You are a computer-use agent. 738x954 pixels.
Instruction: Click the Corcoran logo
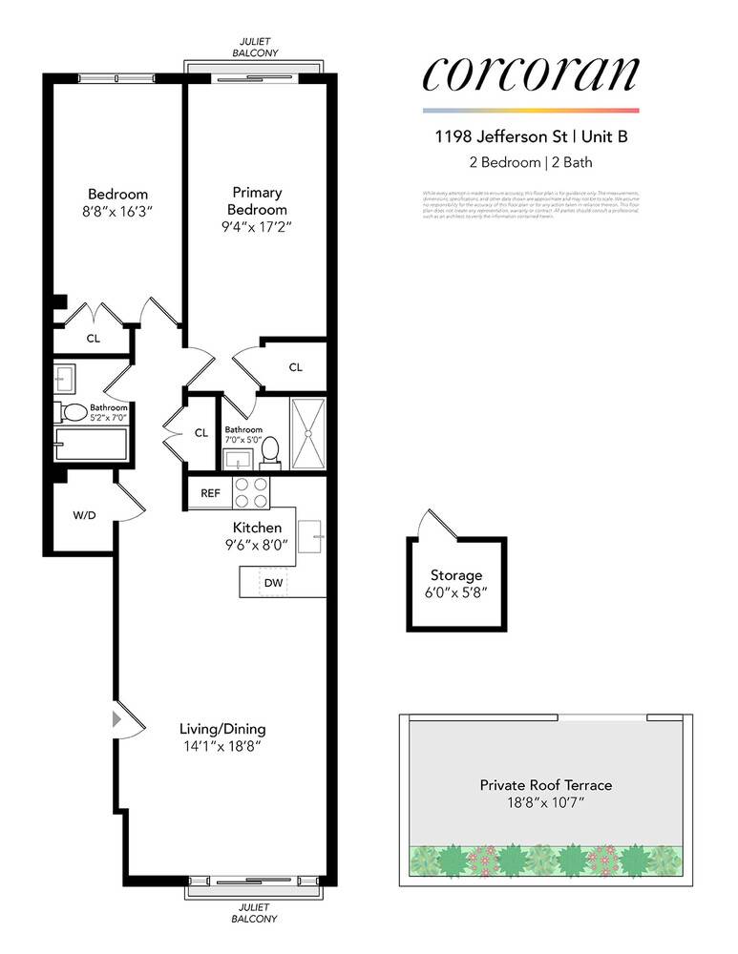click(531, 75)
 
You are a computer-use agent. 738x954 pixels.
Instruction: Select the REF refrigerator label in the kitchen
click(210, 493)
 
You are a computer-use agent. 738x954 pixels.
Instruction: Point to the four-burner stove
click(252, 492)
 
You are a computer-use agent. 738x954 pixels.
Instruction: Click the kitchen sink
click(310, 536)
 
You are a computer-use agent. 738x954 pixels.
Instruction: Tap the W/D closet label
click(84, 514)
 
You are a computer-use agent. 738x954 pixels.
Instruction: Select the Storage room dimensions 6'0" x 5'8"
click(455, 592)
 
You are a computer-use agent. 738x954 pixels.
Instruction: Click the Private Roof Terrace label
click(545, 785)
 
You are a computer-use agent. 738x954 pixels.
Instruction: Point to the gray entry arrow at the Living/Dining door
click(119, 718)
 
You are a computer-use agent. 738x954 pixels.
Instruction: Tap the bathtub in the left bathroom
click(92, 445)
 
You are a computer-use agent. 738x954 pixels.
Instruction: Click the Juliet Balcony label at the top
click(256, 49)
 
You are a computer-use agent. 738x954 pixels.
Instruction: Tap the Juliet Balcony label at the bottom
click(256, 913)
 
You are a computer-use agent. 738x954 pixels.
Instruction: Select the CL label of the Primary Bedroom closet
click(295, 367)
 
